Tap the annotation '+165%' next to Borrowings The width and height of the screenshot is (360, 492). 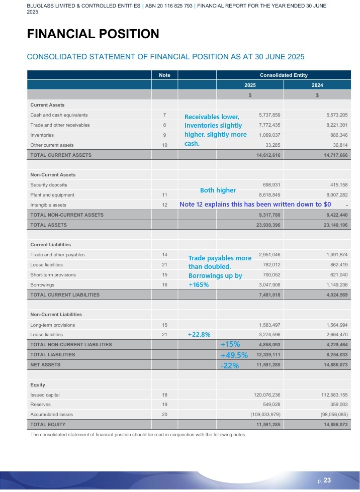pyautogui.click(x=199, y=284)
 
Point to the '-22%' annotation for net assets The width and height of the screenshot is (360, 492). pyautogui.click(x=229, y=366)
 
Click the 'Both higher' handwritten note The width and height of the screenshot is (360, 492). pyautogui.click(x=218, y=190)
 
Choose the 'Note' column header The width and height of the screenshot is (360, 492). pyautogui.click(x=164, y=75)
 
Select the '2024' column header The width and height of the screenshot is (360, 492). pyautogui.click(x=317, y=85)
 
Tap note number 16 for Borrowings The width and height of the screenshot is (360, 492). pyautogui.click(x=164, y=284)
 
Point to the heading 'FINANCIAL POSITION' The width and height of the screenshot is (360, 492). pyautogui.click(x=93, y=34)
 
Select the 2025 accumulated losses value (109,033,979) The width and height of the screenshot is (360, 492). pyautogui.click(x=266, y=415)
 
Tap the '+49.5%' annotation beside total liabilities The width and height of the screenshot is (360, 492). pyautogui.click(x=234, y=355)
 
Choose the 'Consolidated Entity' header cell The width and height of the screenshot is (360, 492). pyautogui.click(x=283, y=75)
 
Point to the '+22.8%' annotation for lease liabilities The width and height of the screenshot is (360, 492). pyautogui.click(x=199, y=335)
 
